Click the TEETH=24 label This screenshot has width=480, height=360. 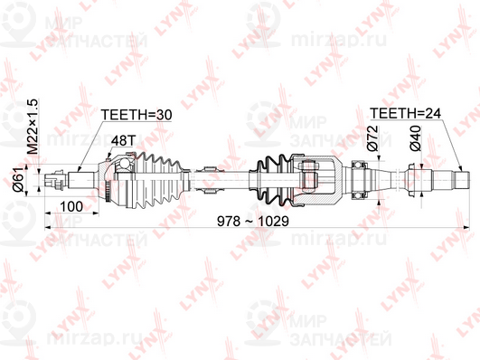(x=406, y=116)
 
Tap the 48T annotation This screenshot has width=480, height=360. (x=123, y=142)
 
